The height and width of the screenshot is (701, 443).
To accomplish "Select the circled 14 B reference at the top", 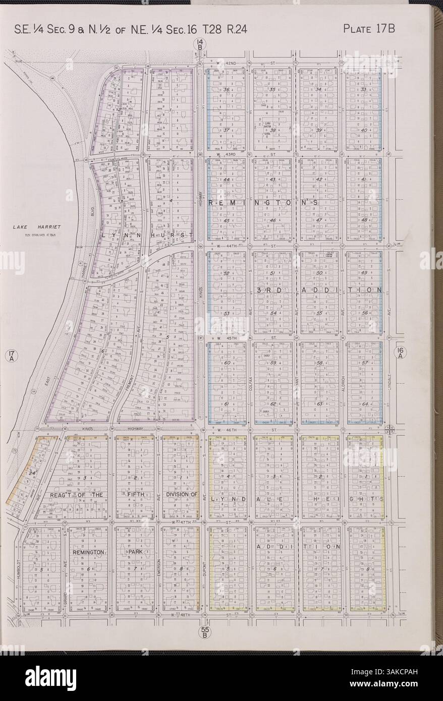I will [x=200, y=45].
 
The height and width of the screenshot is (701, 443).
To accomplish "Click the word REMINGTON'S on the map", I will [x=262, y=202].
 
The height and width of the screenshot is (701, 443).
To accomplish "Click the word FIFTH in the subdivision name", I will [x=136, y=495].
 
